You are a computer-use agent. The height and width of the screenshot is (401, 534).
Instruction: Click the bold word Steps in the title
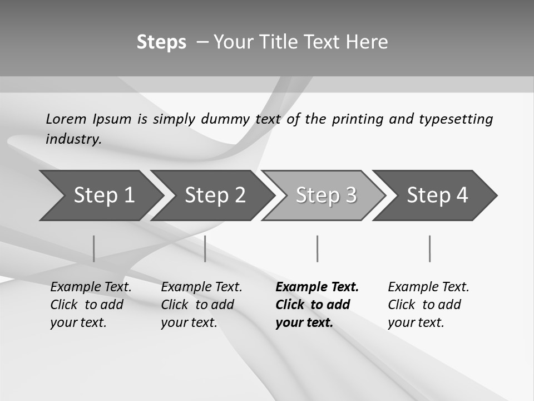click(x=161, y=42)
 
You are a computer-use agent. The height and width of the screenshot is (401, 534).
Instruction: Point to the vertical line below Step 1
click(x=93, y=248)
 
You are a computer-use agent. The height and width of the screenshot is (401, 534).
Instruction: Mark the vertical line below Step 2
click(x=205, y=248)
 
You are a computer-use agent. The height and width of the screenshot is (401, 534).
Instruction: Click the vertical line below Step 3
click(x=317, y=248)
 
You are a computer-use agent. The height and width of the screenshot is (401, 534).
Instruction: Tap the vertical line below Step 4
click(x=429, y=248)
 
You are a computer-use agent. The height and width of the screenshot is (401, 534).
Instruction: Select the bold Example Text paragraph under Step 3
click(x=317, y=305)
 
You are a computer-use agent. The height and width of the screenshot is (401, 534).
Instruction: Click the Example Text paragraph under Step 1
click(x=91, y=305)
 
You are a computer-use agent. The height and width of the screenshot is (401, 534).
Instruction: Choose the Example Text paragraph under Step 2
click(x=201, y=305)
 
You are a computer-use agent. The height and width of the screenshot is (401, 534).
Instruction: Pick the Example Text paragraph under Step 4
click(x=428, y=305)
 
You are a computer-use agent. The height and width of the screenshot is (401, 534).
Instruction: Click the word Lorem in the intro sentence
click(x=66, y=119)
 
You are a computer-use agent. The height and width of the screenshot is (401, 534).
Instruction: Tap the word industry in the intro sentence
click(x=73, y=139)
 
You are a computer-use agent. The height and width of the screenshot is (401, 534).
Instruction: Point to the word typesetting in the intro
click(x=456, y=119)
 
